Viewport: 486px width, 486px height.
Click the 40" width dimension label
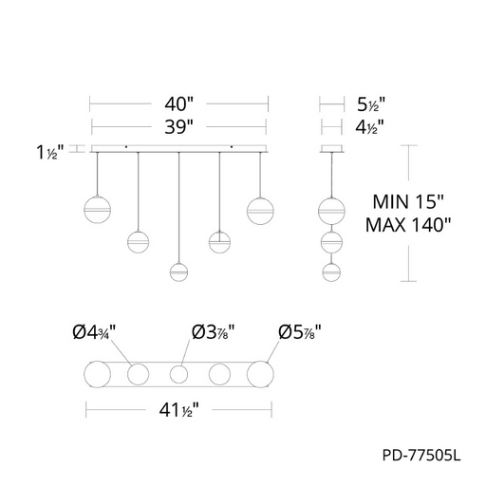pyautogui.click(x=178, y=103)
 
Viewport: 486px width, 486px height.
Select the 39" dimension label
pyautogui.click(x=178, y=127)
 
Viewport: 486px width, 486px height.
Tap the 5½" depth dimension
pyautogui.click(x=371, y=104)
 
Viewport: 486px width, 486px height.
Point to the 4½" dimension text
pyautogui.click(x=369, y=127)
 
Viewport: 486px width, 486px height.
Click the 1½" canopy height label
pyautogui.click(x=50, y=152)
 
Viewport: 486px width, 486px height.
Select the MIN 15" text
pyautogui.click(x=408, y=201)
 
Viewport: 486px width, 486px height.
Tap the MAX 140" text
pyautogui.click(x=408, y=225)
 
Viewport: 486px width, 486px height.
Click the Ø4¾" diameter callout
pyautogui.click(x=94, y=332)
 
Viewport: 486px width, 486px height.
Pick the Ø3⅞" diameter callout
pyautogui.click(x=214, y=332)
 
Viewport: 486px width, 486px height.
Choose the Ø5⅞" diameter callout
pyautogui.click(x=300, y=332)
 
